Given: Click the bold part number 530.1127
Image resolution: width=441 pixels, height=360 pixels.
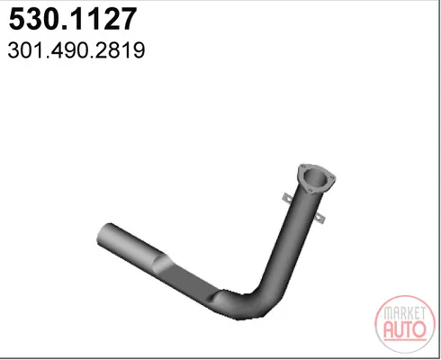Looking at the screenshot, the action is (73, 19).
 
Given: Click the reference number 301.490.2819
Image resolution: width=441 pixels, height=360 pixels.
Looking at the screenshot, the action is (76, 50).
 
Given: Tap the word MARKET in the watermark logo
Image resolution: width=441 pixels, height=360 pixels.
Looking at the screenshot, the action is (405, 313).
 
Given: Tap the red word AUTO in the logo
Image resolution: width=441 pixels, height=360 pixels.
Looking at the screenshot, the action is (405, 329).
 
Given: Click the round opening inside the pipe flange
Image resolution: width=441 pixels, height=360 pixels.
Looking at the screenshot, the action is (315, 178).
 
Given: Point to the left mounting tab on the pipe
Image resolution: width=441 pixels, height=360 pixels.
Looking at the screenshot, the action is (288, 198).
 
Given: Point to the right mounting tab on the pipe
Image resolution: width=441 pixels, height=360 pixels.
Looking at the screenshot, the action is (320, 219).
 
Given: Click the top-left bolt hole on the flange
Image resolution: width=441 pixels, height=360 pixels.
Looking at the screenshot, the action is (303, 166).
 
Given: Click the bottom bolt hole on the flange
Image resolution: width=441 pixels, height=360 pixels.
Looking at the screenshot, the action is (310, 191).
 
